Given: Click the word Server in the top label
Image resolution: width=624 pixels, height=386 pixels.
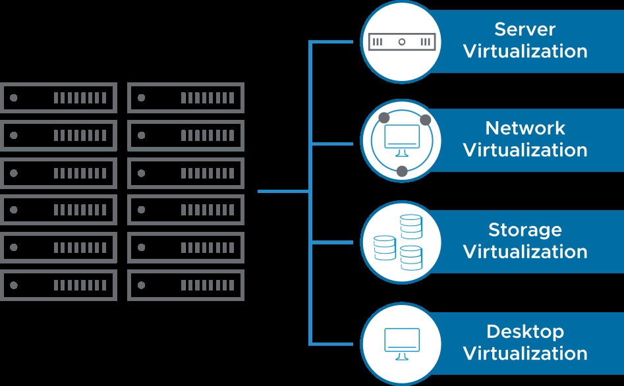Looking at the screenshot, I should [x=525, y=30].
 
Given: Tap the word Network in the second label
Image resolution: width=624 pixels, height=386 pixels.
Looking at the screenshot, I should [x=525, y=128].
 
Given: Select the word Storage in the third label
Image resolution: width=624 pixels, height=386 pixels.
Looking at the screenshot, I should [x=525, y=230].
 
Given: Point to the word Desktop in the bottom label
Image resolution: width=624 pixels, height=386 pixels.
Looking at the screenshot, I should [x=525, y=331].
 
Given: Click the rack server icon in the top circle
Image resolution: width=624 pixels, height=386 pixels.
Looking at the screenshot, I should [x=402, y=42].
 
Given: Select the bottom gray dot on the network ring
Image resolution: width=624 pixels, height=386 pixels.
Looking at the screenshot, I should [x=402, y=171].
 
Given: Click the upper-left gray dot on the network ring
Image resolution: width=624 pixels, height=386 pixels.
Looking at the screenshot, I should [x=384, y=118].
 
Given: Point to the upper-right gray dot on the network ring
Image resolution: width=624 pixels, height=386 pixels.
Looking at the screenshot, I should [x=425, y=120].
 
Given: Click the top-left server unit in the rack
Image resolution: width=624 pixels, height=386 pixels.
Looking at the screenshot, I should [x=59, y=98].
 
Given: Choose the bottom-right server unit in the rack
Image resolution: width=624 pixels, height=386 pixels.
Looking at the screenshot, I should [x=186, y=285].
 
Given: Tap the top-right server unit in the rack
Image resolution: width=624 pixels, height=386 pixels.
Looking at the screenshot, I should [x=186, y=98].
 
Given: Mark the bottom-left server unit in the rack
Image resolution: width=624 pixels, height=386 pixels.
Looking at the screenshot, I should [x=59, y=285].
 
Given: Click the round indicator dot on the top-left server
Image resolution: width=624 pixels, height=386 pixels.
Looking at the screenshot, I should [x=14, y=98].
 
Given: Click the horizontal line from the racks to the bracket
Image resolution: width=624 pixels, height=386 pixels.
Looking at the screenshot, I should [x=283, y=192].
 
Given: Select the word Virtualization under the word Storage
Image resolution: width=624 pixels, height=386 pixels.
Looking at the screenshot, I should [x=525, y=252].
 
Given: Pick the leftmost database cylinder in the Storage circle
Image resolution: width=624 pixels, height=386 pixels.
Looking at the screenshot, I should [x=384, y=247].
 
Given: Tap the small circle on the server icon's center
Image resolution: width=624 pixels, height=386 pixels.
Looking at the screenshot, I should [x=402, y=42].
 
